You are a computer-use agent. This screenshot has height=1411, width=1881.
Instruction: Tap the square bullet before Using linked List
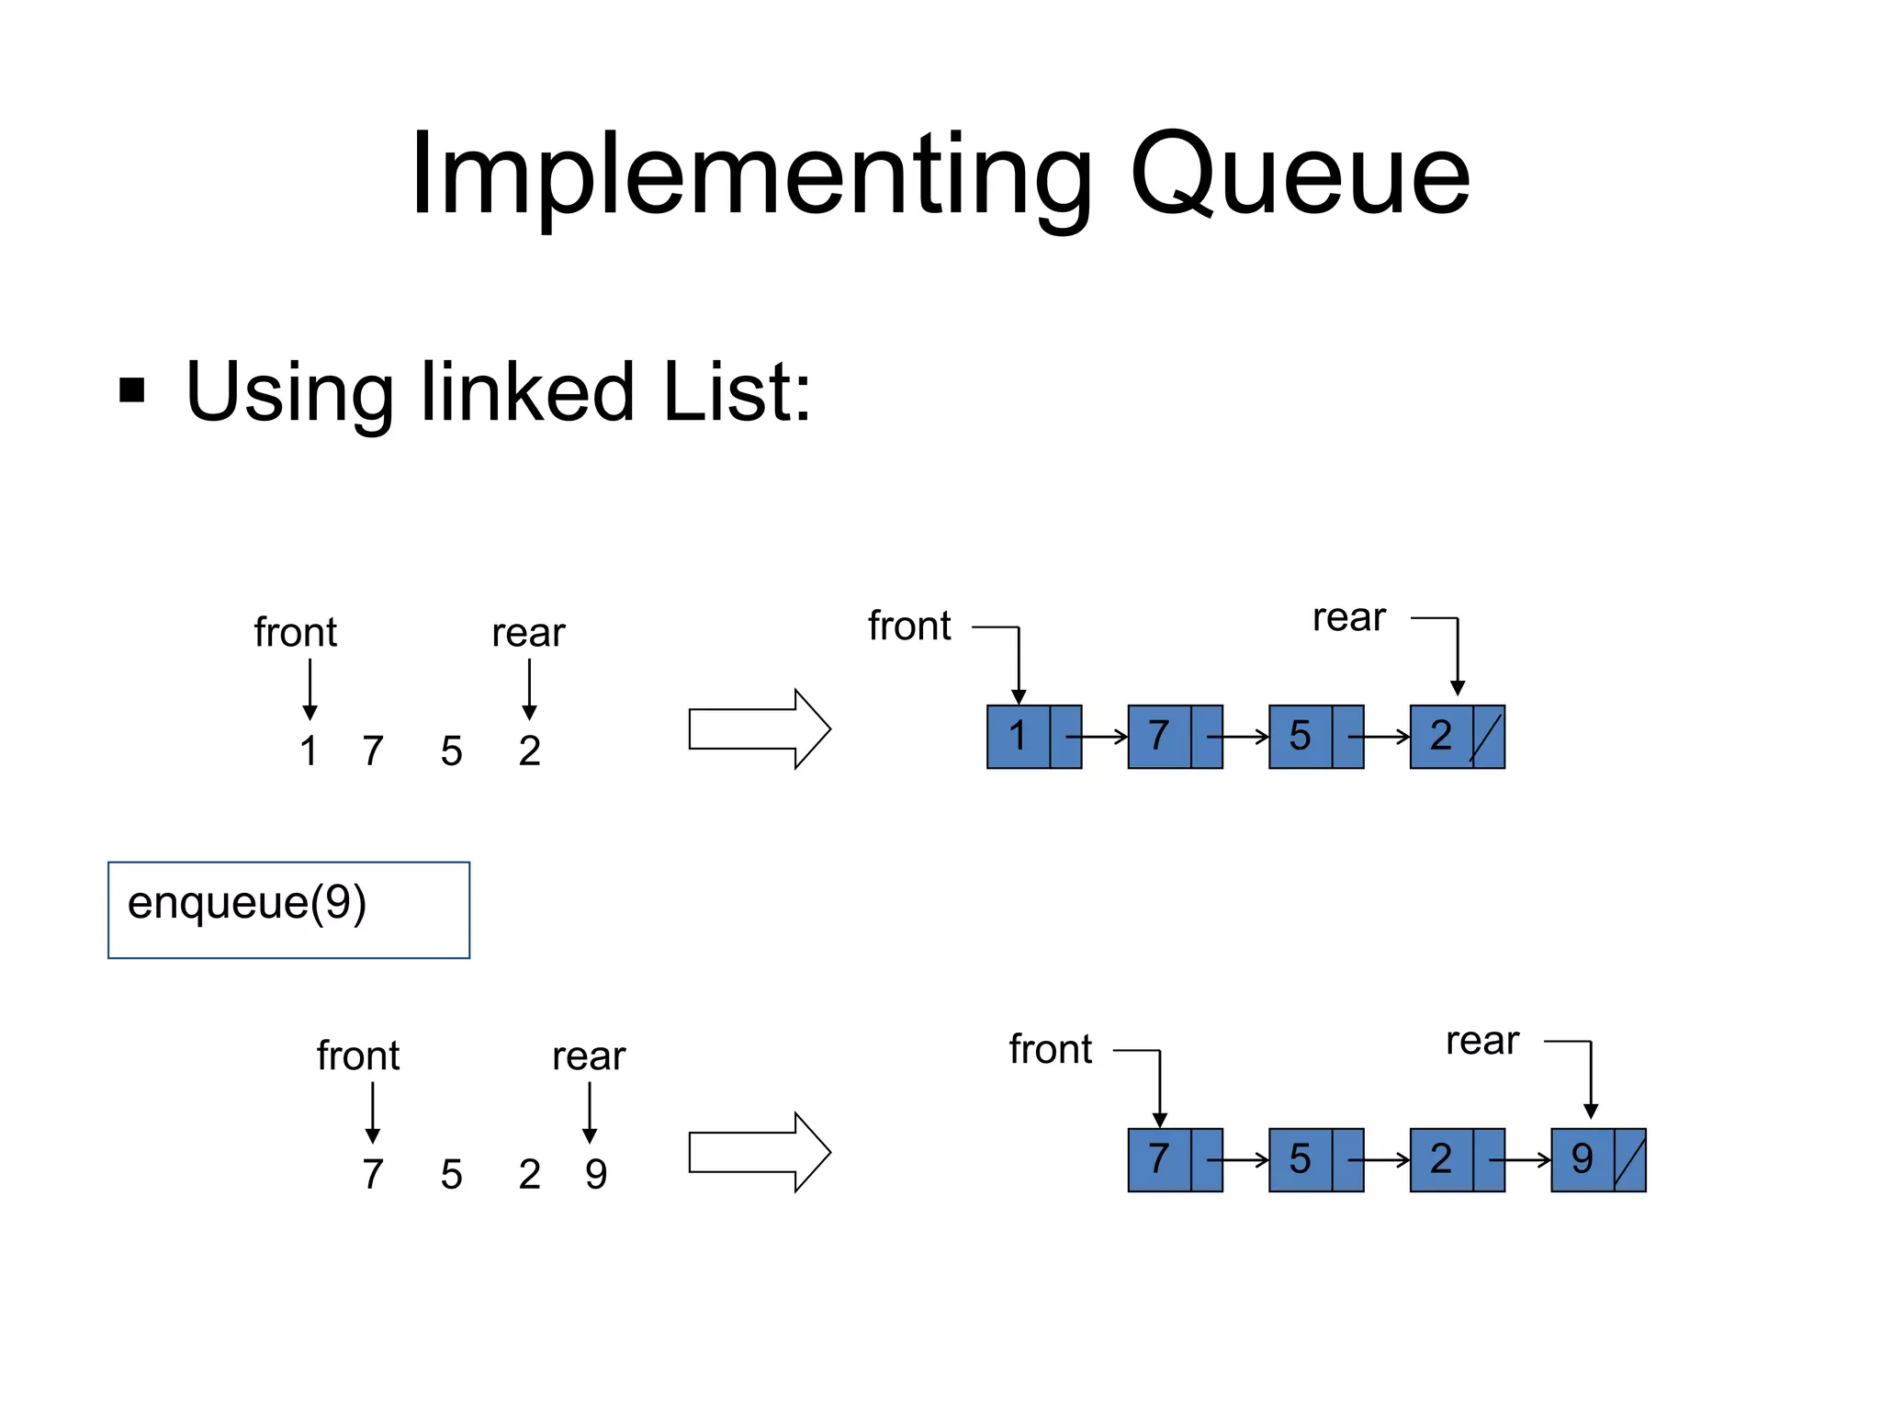coord(132,390)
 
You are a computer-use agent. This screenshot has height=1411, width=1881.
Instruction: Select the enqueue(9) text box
coord(288,909)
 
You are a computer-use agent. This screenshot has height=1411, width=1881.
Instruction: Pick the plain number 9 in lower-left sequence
coord(596,1174)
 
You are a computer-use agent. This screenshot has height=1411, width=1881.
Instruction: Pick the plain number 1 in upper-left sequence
coord(309,751)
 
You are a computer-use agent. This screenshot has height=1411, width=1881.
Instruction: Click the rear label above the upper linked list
coord(1348,618)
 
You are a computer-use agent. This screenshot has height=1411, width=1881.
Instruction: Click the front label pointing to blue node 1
coord(909,626)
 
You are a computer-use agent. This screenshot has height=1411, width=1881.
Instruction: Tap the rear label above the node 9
coord(1481,1042)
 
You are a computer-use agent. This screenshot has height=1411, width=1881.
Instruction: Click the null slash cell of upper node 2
coord(1488,737)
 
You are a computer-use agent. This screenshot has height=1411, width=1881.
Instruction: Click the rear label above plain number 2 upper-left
coord(528,634)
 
